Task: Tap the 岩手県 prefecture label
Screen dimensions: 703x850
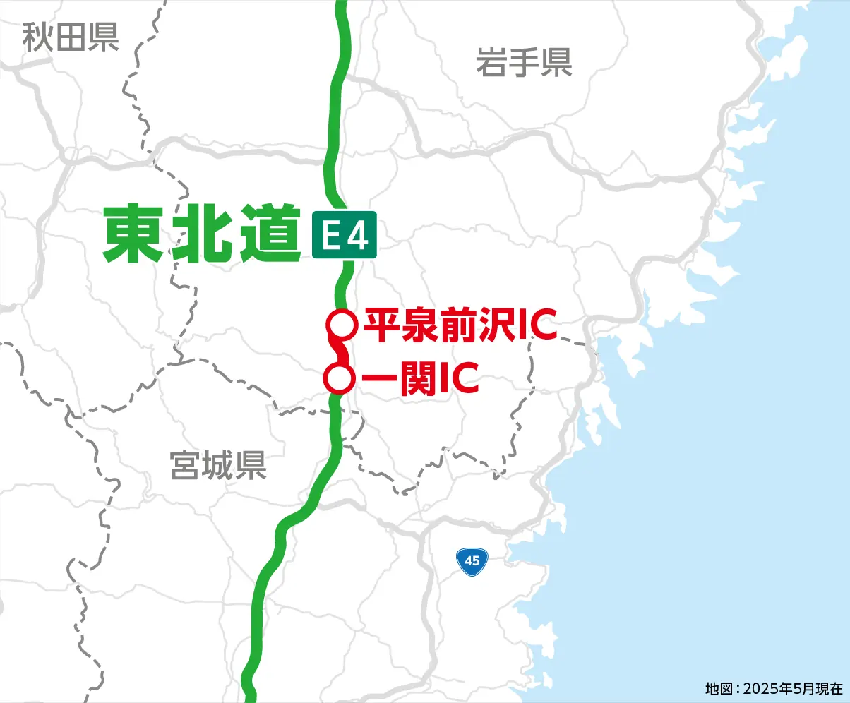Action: tap(523, 62)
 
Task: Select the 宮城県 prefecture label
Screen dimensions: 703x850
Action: tap(218, 466)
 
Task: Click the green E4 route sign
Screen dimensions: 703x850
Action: tap(344, 235)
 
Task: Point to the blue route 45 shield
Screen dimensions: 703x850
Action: tap(472, 561)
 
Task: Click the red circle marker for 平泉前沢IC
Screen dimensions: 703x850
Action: tap(341, 324)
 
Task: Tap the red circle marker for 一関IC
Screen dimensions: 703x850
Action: tap(339, 379)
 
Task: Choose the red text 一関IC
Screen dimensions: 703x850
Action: tap(421, 380)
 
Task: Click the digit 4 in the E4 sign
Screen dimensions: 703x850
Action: tap(358, 236)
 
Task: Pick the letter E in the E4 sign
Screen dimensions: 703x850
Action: tap(330, 236)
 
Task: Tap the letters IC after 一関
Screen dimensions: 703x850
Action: tap(460, 380)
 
